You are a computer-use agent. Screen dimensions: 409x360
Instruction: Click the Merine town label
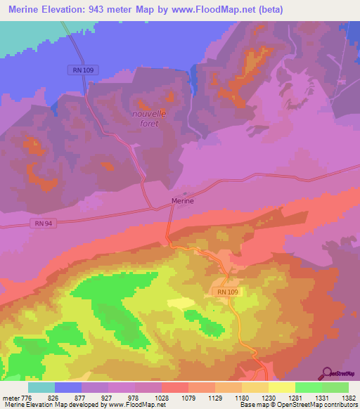coord(183,201)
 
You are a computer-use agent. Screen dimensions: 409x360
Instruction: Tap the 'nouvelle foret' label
coord(148,118)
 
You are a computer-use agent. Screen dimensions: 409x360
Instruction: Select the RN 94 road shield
coord(44,223)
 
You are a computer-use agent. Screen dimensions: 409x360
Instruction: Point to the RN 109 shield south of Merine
coord(224,291)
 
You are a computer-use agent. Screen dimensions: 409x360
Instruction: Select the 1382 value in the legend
coord(348,398)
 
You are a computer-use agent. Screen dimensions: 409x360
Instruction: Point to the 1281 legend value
coord(295,398)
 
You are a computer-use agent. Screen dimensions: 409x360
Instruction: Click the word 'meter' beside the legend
coord(10,398)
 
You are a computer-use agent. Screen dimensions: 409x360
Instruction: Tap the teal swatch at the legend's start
coord(41,387)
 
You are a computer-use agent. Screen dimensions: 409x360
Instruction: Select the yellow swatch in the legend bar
coord(281,387)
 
